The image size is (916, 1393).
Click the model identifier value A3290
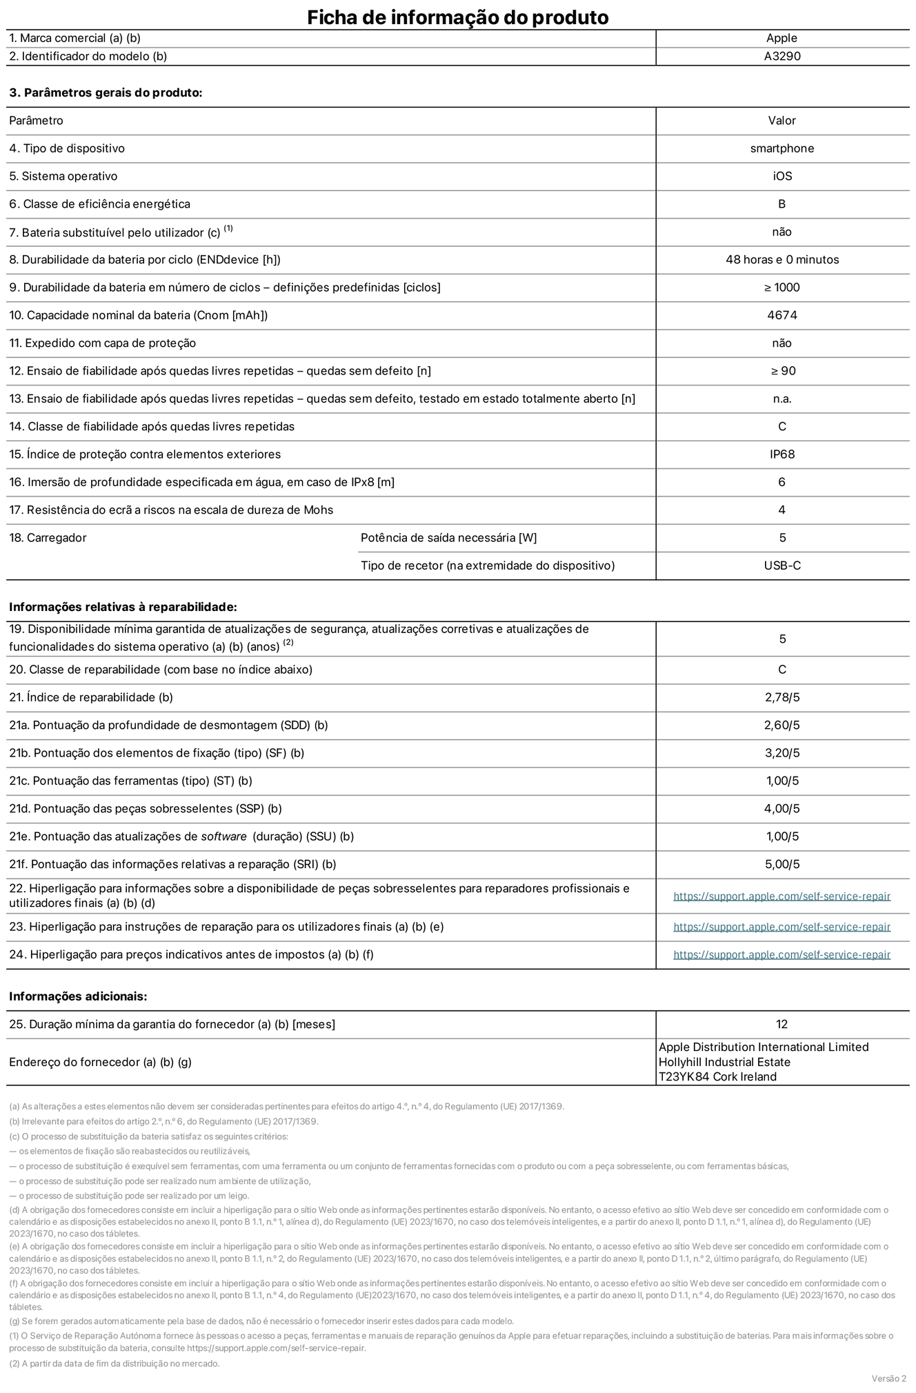pyautogui.click(x=781, y=57)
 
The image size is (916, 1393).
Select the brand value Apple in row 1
pyautogui.click(x=781, y=39)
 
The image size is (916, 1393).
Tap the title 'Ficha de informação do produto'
pyautogui.click(x=457, y=17)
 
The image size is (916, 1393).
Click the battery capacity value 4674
pyautogui.click(x=781, y=315)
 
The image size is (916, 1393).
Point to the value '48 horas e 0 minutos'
pyautogui.click(x=781, y=260)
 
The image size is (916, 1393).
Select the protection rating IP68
pyautogui.click(x=781, y=454)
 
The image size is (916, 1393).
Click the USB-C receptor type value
pyautogui.click(x=781, y=565)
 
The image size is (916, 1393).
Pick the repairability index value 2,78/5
pyautogui.click(x=781, y=697)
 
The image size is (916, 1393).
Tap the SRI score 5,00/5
pyautogui.click(x=781, y=864)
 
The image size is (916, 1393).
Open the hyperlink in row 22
pyautogui.click(x=781, y=896)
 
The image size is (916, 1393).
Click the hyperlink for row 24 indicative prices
pyautogui.click(x=781, y=955)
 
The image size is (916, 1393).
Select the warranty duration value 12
pyautogui.click(x=781, y=1025)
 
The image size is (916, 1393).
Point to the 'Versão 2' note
pyautogui.click(x=888, y=1379)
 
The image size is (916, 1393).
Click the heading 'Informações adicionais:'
pyautogui.click(x=78, y=996)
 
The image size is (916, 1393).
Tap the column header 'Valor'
pyautogui.click(x=781, y=121)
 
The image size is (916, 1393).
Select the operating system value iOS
pyautogui.click(x=781, y=177)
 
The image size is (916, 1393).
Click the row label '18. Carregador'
pyautogui.click(x=48, y=538)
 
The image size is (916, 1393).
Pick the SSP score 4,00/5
pyautogui.click(x=781, y=808)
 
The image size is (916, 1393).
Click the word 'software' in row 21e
pyautogui.click(x=223, y=836)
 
